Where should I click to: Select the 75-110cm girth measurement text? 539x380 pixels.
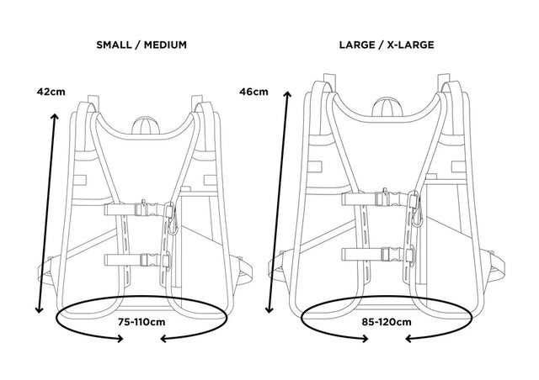pyautogui.click(x=141, y=320)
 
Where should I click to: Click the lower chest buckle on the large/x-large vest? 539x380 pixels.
pyautogui.click(x=387, y=253)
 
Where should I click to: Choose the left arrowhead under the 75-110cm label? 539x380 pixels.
pyautogui.click(x=121, y=340)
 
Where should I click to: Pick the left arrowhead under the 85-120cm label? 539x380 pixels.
pyautogui.click(x=366, y=340)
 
